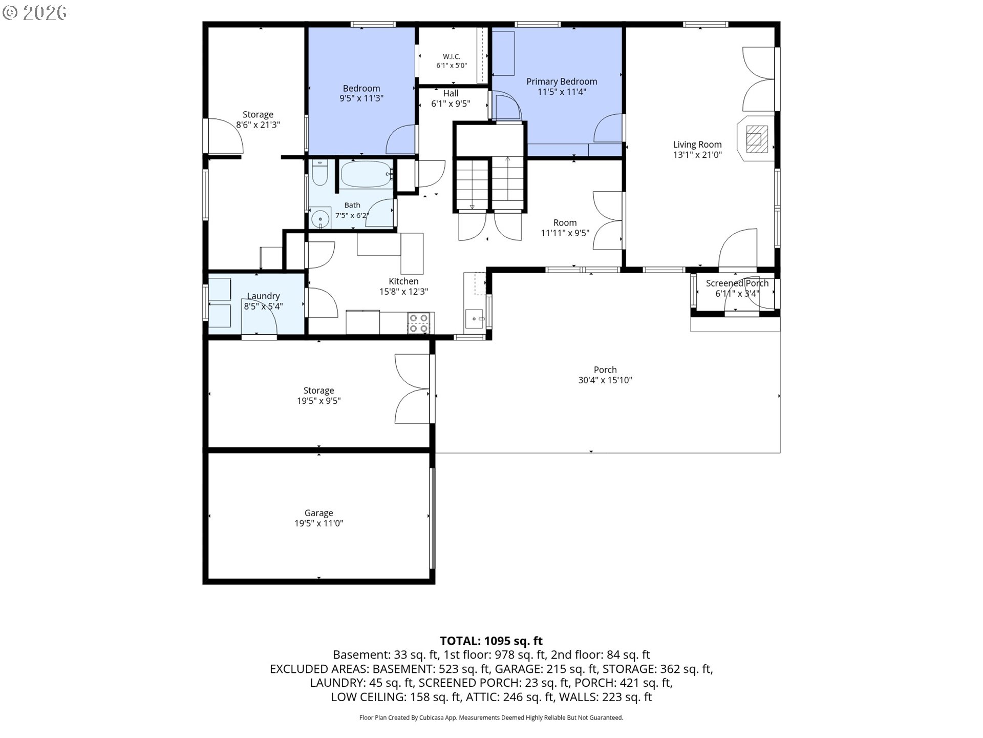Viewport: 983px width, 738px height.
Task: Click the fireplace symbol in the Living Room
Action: pos(756,138)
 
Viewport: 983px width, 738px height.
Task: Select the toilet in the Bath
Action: pos(319,173)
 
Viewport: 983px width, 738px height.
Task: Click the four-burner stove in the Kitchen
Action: pos(418,323)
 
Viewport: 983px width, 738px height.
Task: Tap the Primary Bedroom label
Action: pos(562,81)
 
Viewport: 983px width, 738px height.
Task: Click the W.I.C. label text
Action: pos(452,56)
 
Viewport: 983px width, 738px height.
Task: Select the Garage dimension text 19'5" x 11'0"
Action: pos(318,523)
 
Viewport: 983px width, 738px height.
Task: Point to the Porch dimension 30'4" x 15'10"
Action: pos(605,380)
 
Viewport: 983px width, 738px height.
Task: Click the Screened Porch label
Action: pos(737,283)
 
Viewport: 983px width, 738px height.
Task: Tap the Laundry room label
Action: pos(263,296)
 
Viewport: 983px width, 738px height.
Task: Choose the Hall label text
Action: pos(451,93)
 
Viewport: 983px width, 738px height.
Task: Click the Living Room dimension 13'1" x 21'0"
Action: pos(697,155)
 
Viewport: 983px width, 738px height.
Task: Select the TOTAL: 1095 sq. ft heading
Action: pos(491,641)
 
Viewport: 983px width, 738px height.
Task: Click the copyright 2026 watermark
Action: pos(35,13)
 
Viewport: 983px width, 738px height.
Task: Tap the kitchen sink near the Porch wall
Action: pos(475,319)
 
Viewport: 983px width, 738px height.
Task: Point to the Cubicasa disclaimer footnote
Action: pos(491,717)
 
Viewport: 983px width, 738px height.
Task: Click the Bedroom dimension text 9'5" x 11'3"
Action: pos(361,98)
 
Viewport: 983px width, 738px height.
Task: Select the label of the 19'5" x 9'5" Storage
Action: pos(318,391)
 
